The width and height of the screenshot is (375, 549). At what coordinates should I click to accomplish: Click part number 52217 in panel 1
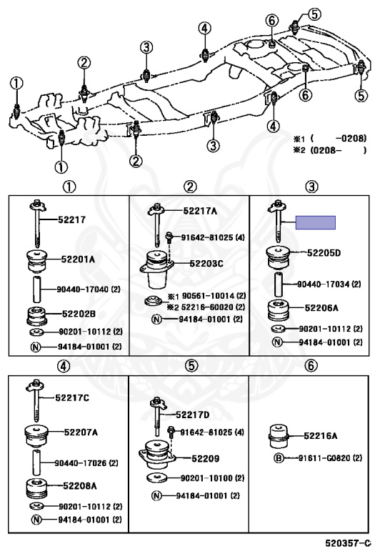[71, 219]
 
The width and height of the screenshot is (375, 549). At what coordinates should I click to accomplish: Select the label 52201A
[78, 259]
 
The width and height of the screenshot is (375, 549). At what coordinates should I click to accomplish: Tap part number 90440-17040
[84, 290]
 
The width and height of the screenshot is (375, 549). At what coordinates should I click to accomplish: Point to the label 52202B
[79, 314]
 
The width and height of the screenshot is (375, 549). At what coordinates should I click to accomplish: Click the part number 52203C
[206, 263]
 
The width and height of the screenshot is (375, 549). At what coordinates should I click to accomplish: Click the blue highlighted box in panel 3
[316, 222]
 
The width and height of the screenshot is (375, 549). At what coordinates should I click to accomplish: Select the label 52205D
[324, 253]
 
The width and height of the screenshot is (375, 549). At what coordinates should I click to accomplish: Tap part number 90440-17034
[324, 284]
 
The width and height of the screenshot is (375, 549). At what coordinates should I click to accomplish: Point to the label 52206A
[321, 308]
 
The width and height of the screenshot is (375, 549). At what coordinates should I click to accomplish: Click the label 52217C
[72, 397]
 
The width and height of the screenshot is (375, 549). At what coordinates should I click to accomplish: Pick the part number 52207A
[81, 432]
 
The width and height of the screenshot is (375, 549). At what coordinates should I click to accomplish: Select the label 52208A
[80, 485]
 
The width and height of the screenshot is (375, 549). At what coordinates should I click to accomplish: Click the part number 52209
[205, 458]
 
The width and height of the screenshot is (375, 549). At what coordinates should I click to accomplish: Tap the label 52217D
[192, 415]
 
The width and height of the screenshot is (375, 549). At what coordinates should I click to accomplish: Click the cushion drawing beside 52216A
[279, 436]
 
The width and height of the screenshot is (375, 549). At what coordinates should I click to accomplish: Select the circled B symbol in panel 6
[279, 458]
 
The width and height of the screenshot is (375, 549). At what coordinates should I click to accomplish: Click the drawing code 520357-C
[348, 543]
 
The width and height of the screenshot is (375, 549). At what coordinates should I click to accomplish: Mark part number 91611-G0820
[325, 458]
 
